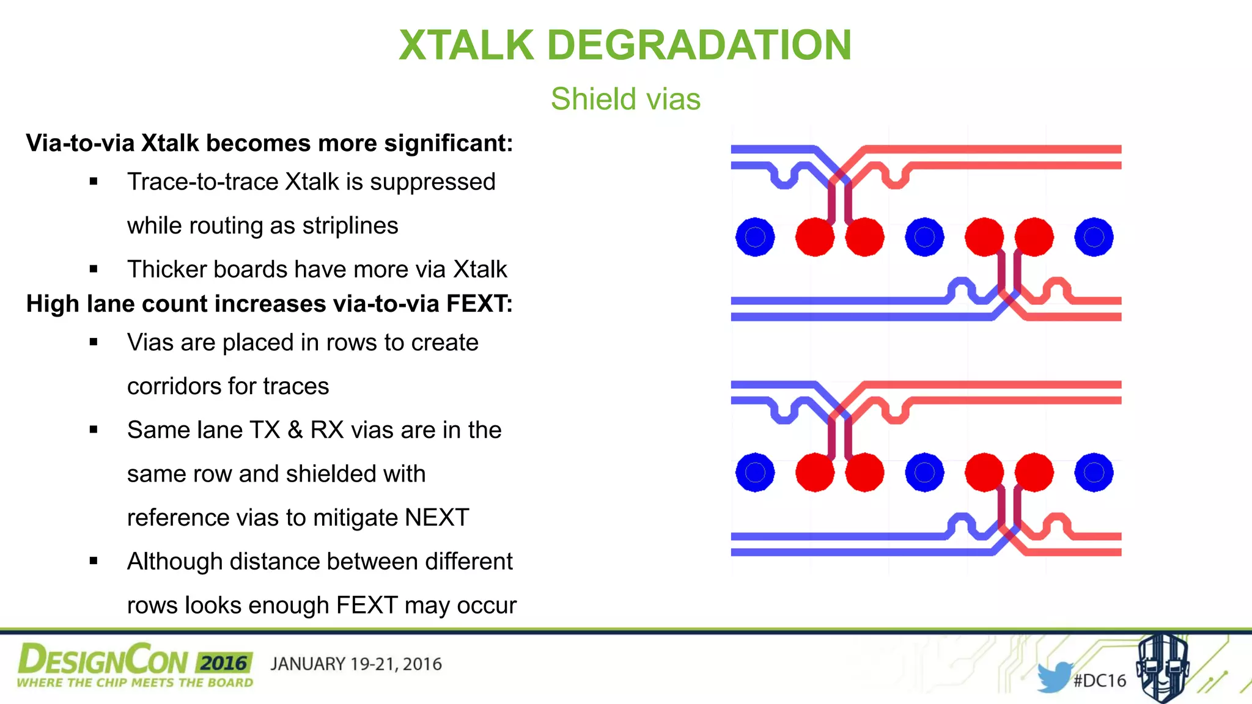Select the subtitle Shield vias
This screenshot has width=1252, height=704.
625,99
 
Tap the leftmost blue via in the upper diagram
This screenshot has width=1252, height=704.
755,237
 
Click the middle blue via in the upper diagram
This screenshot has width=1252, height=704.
924,237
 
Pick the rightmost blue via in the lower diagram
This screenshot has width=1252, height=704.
1094,472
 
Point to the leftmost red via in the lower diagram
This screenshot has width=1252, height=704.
815,472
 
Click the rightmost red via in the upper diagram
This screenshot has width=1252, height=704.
1034,237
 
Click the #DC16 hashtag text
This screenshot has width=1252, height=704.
1100,681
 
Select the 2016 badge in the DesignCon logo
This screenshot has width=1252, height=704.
224,663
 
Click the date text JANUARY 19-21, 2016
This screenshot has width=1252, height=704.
356,664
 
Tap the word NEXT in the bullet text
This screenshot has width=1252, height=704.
436,518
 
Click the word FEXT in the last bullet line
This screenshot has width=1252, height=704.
367,606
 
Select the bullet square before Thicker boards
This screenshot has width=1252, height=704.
94,269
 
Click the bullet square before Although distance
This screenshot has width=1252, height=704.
94,561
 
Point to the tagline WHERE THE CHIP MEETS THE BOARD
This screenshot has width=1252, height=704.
134,683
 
